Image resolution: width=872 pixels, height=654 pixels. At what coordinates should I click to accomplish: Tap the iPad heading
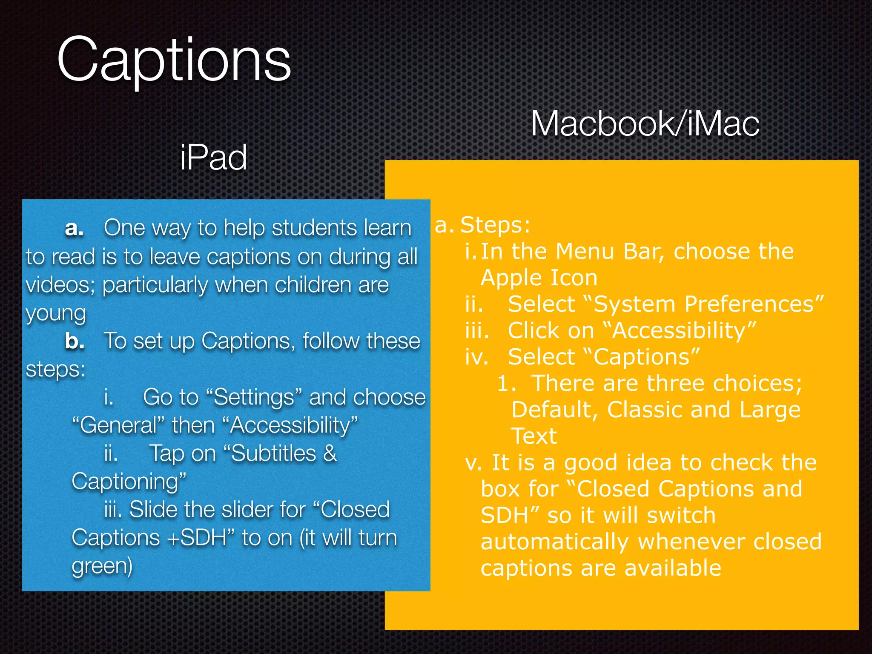213,158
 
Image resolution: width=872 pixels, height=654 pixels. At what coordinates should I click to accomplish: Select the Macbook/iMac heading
645,124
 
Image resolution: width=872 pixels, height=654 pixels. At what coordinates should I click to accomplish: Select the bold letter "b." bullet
75,341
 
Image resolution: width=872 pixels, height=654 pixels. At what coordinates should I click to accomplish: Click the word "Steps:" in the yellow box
495,225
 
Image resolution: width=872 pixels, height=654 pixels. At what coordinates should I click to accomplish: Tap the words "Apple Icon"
539,278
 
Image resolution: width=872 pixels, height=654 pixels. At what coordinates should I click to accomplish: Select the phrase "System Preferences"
703,304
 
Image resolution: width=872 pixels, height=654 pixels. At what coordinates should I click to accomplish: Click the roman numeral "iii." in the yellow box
477,331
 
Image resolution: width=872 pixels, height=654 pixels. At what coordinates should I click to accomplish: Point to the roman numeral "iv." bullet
476,357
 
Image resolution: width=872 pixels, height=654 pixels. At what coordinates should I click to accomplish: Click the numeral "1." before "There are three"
506,384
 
